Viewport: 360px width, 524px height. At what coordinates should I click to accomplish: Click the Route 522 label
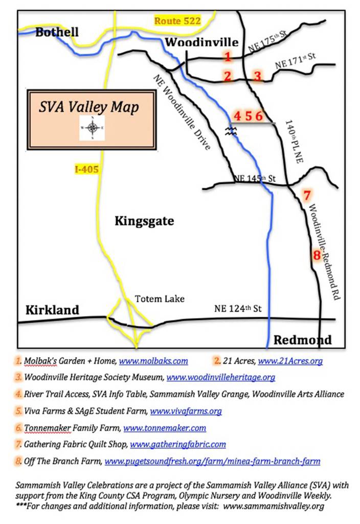pos(177,21)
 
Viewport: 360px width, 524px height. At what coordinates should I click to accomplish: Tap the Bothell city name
pos(57,32)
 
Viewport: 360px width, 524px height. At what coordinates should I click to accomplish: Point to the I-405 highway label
pos(86,169)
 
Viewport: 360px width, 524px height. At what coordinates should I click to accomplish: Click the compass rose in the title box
pos(92,128)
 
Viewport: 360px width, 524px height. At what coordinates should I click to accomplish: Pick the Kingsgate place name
pos(144,222)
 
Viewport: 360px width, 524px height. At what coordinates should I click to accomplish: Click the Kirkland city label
pos(53,310)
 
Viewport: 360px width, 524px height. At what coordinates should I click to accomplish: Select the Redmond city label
pos(302,340)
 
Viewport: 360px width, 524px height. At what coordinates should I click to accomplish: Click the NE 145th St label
pos(254,179)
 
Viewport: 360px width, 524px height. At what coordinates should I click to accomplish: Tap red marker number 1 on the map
pos(228,56)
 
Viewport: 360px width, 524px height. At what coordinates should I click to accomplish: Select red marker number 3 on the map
pos(258,76)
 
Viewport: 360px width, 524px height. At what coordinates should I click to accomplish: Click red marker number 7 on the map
pos(306,195)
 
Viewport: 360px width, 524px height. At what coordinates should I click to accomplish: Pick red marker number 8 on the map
pos(317,254)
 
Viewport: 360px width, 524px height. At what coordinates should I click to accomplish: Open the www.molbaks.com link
pos(153,361)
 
